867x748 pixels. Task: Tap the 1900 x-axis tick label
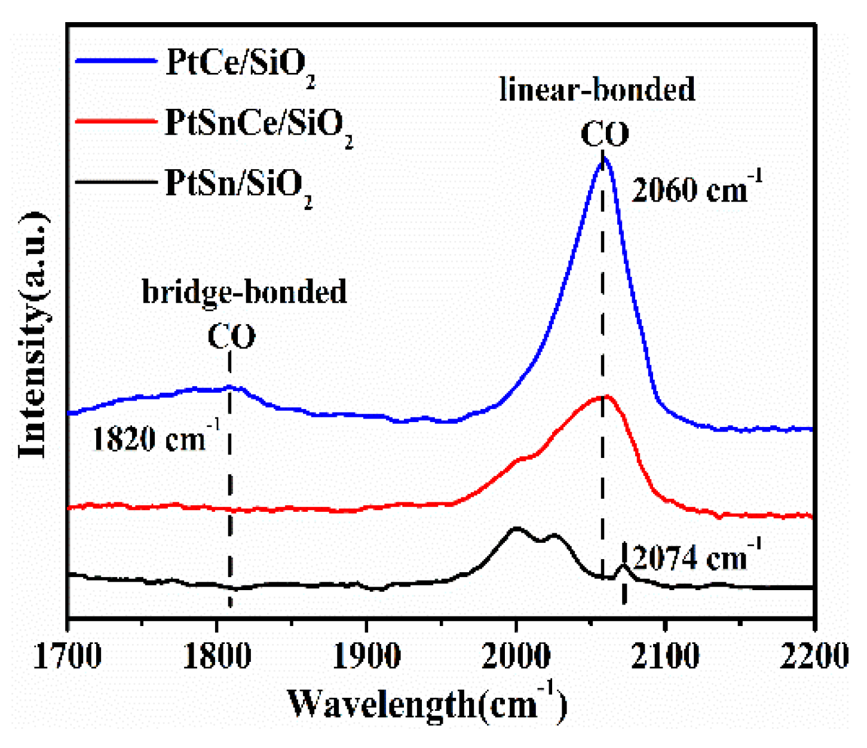pyautogui.click(x=366, y=655)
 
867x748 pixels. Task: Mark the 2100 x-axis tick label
pyautogui.click(x=665, y=655)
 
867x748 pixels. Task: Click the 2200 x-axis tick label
pyautogui.click(x=814, y=655)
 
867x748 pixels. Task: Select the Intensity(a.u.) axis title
pyautogui.click(x=33, y=335)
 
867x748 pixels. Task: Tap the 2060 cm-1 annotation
pyautogui.click(x=697, y=190)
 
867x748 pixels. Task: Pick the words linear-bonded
pyautogui.click(x=597, y=90)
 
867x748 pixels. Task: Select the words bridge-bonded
pyautogui.click(x=244, y=292)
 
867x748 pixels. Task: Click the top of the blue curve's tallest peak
pyautogui.click(x=603, y=158)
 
